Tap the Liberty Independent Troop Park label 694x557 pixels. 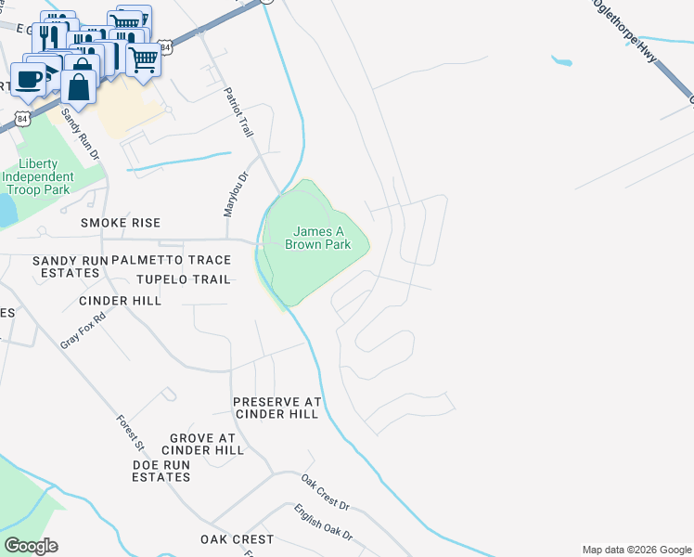pyautogui.click(x=37, y=176)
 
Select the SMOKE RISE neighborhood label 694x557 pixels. pyautogui.click(x=121, y=223)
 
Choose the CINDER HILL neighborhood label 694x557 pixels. pyautogui.click(x=120, y=301)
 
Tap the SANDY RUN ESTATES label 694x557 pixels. pyautogui.click(x=66, y=266)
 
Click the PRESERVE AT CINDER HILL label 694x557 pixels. pyautogui.click(x=276, y=408)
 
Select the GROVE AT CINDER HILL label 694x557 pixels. pyautogui.click(x=207, y=444)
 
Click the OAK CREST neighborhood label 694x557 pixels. pyautogui.click(x=238, y=539)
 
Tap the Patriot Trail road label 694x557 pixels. pyautogui.click(x=238, y=113)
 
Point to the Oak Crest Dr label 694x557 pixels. pyautogui.click(x=325, y=492)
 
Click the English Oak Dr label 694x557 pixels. pyautogui.click(x=323, y=523)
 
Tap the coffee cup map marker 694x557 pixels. pyautogui.click(x=29, y=79)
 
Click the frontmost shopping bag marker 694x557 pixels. pyautogui.click(x=80, y=88)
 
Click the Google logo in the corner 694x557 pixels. pyautogui.click(x=31, y=546)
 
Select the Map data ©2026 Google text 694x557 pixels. pyautogui.click(x=636, y=550)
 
